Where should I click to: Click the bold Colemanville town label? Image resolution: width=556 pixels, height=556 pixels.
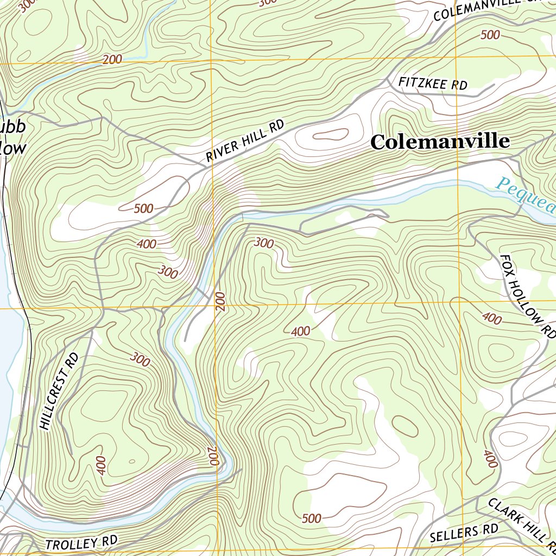coord(440,142)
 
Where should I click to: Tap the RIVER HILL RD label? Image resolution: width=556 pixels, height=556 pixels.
coord(245,142)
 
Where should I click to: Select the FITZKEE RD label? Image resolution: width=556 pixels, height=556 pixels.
coord(433,84)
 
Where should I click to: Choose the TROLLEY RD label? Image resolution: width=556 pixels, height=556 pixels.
coord(81,543)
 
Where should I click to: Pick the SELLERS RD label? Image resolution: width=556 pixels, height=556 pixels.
coord(464,533)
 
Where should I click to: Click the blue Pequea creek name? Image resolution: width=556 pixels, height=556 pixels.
coord(526,195)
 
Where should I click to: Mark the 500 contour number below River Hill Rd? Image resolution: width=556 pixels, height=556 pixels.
coord(143,208)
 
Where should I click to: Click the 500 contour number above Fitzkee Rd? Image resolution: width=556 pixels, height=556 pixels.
coord(490,35)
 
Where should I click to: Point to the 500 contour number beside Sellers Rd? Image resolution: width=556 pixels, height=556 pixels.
coord(311,519)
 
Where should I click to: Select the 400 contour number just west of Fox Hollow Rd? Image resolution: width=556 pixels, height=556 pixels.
coord(491,319)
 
